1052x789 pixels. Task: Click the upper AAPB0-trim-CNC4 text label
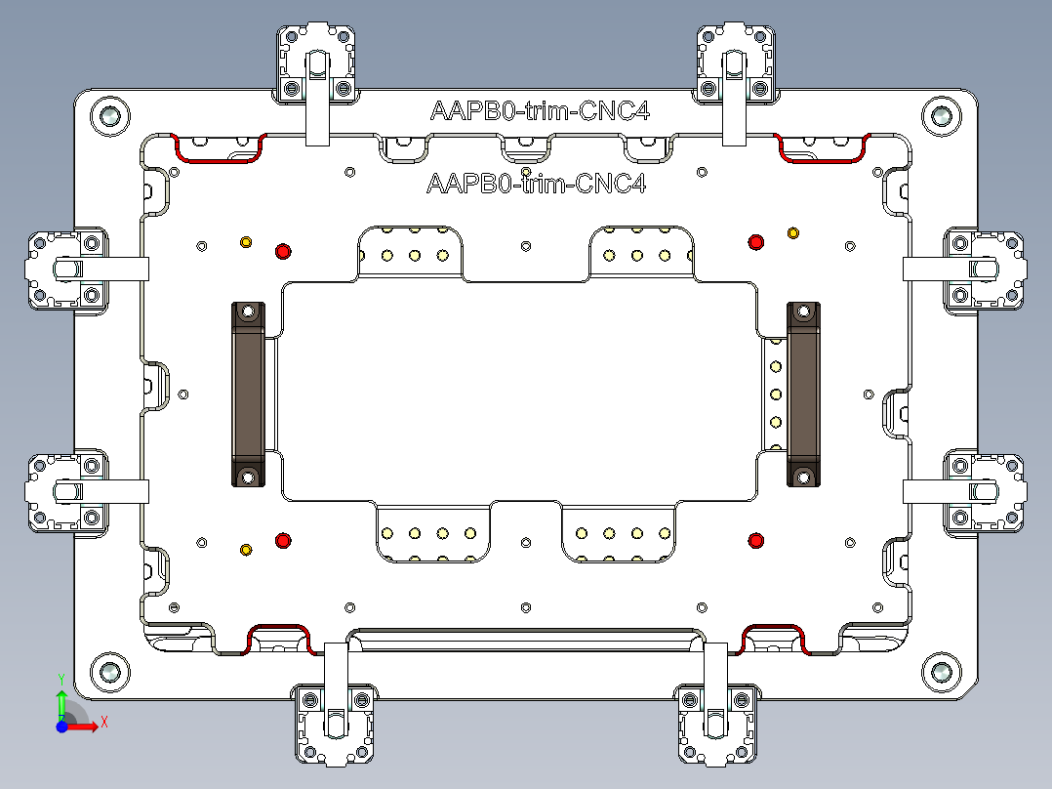540,111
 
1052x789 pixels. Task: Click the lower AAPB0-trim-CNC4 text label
537,184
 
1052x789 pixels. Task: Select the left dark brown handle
248,394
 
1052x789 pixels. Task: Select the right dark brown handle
803,394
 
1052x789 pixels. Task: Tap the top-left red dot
283,251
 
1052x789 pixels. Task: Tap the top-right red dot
754,242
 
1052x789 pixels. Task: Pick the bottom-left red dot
283,540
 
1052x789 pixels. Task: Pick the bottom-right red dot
754,540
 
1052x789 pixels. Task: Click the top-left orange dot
246,241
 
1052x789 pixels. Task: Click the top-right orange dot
792,232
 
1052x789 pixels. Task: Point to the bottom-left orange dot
246,550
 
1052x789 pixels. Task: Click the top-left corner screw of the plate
110,116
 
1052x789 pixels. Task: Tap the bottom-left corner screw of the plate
110,671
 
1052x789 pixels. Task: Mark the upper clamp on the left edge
66,269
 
